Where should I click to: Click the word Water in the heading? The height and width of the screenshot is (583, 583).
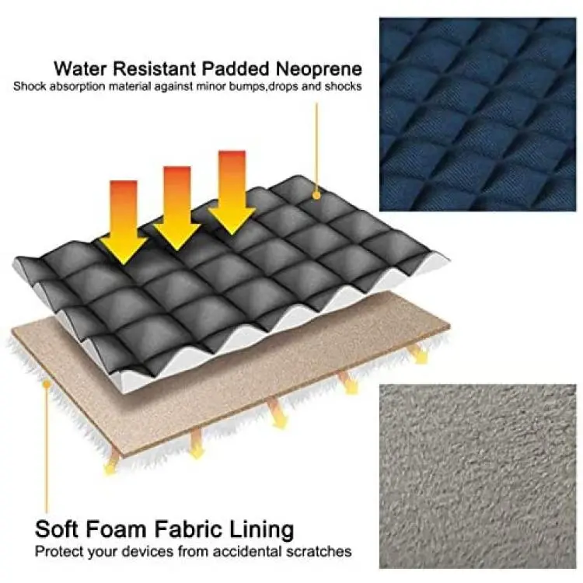[78, 68]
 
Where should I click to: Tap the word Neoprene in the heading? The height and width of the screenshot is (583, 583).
[318, 68]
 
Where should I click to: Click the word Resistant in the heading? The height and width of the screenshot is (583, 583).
[152, 68]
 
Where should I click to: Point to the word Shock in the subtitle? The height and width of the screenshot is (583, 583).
[30, 86]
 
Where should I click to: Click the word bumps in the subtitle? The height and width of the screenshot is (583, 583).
[245, 86]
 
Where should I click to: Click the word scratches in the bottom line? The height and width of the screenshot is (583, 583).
[318, 551]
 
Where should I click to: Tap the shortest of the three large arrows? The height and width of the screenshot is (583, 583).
[124, 222]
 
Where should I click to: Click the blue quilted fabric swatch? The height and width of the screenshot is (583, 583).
[478, 114]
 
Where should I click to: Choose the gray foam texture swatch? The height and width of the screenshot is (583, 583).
[478, 477]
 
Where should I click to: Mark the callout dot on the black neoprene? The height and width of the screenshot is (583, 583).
[316, 194]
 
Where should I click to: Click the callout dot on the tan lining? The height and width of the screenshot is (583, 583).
[46, 383]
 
